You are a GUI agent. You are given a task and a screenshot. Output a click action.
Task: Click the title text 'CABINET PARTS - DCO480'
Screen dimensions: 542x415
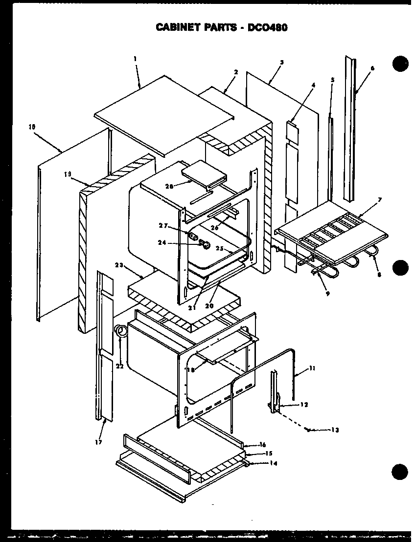(x=221, y=27)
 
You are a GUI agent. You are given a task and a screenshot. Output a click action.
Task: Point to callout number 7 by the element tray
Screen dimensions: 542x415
(x=379, y=200)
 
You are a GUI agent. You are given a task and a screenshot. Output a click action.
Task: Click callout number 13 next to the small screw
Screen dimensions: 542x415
(x=335, y=431)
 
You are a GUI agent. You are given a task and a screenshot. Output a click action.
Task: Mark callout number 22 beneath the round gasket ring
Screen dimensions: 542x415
(x=120, y=366)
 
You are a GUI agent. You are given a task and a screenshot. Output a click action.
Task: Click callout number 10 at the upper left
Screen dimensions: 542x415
(x=32, y=126)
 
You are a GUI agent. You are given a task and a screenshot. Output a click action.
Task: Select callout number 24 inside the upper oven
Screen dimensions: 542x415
(x=162, y=241)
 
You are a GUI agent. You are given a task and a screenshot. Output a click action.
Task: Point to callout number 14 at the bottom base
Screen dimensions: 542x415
(x=273, y=463)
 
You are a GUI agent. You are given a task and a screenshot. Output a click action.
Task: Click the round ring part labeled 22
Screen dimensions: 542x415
(x=119, y=331)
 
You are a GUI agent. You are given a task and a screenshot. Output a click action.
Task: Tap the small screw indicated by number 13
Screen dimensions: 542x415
(x=307, y=429)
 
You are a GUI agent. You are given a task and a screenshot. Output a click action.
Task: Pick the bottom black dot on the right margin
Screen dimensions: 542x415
(x=400, y=473)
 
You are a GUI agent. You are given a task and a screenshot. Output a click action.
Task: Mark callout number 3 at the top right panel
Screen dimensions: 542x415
(x=282, y=63)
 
